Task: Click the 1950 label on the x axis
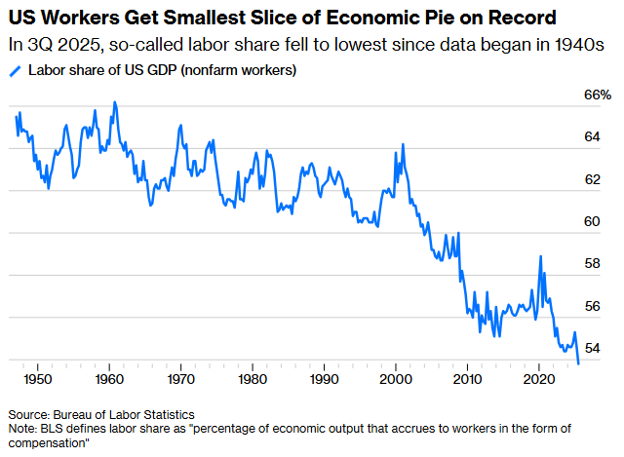(x=38, y=378)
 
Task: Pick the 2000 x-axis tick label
(x=396, y=378)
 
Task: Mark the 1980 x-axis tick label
(x=253, y=378)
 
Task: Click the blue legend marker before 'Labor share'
(x=14, y=71)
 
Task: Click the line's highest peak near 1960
(x=115, y=101)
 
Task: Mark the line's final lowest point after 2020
(x=579, y=363)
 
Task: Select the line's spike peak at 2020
(x=540, y=256)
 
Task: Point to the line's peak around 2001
(x=403, y=145)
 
